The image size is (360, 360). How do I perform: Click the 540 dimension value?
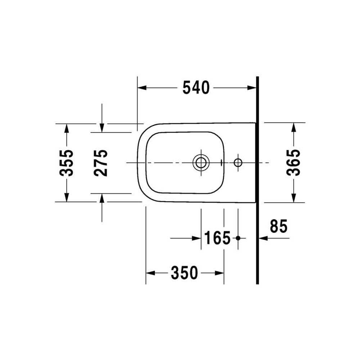(x=196, y=88)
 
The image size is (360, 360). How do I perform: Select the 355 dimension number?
(x=66, y=163)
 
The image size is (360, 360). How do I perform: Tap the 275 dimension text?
(x=100, y=163)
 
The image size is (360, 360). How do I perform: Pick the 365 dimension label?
(x=293, y=163)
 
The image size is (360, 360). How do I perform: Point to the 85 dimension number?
(x=279, y=226)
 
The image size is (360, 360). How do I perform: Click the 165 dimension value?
(x=217, y=238)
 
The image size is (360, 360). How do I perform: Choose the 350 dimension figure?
(x=184, y=273)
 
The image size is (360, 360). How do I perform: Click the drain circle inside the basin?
(x=201, y=163)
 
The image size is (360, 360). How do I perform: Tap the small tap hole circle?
(x=238, y=163)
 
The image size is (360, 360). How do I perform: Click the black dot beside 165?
(x=238, y=238)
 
